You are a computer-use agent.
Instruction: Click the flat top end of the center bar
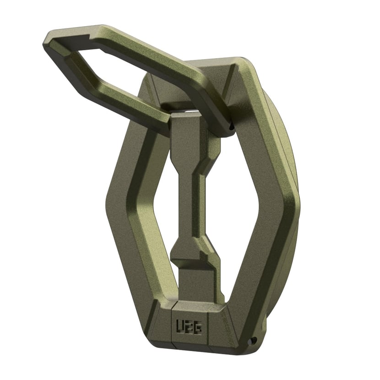pos(185,117)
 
